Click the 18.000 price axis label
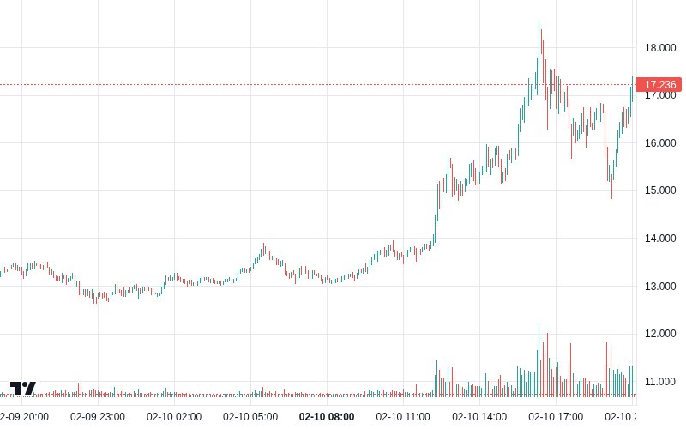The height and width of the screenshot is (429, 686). coord(660,47)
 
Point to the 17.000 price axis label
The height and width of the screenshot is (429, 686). coord(660,95)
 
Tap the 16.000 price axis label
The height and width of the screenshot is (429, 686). coord(660,142)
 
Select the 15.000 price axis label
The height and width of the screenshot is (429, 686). coord(660,190)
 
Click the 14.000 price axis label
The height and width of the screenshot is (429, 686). coord(660,238)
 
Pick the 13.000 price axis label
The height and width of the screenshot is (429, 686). coord(660,286)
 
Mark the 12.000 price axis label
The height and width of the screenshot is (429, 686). coord(660,333)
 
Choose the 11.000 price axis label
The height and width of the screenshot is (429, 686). coord(660,381)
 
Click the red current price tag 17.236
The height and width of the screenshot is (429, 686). coord(660,84)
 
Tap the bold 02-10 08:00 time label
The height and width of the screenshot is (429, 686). coord(326,416)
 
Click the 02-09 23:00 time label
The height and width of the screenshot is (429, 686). coord(97,416)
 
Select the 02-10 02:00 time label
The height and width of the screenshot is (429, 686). coord(174,416)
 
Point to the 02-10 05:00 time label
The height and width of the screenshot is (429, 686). coord(250,416)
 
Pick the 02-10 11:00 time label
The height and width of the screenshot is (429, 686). coord(403,416)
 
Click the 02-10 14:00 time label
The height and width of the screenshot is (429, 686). coord(479,416)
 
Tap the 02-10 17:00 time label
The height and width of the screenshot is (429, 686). coord(556,416)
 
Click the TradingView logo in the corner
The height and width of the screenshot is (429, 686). coord(23,388)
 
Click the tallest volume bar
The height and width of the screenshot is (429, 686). coord(539,360)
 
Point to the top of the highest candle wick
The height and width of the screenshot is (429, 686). coord(539,21)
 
